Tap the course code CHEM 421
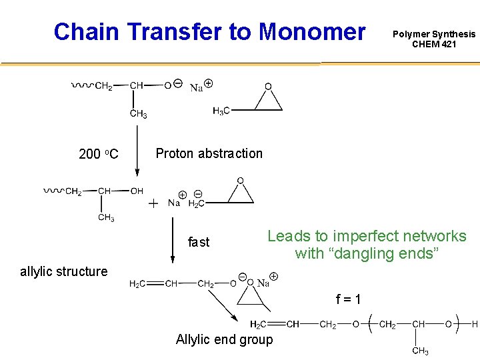tap(434, 45)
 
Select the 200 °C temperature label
tap(98, 155)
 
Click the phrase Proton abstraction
tap(209, 153)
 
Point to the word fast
tap(198, 242)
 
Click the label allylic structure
tap(63, 271)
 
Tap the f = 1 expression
tap(348, 299)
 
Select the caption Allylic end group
tap(224, 340)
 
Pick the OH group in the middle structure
tap(137, 191)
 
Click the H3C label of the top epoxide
tap(221, 111)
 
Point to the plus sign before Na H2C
tap(153, 203)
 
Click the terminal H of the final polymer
tap(475, 325)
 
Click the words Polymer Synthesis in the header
tap(434, 34)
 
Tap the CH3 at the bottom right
tap(420, 351)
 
